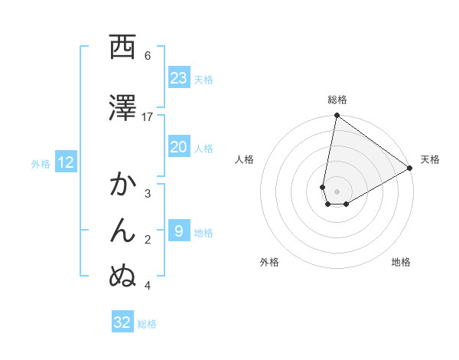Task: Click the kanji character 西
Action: [122, 47]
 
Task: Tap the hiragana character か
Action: [122, 185]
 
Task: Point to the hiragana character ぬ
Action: [122, 277]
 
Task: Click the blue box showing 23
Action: [178, 78]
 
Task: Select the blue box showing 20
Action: [178, 148]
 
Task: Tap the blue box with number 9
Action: [178, 232]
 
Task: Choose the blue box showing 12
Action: [66, 162]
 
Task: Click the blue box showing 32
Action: [122, 322]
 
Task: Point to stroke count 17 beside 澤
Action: [148, 116]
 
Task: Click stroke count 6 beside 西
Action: [148, 55]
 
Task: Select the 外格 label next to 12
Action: [41, 163]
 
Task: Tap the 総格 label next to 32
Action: [147, 324]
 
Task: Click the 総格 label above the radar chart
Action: [337, 100]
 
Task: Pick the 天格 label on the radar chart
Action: [431, 159]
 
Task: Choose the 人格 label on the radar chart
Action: [244, 159]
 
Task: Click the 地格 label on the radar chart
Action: [401, 262]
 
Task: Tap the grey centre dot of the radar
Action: [337, 191]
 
